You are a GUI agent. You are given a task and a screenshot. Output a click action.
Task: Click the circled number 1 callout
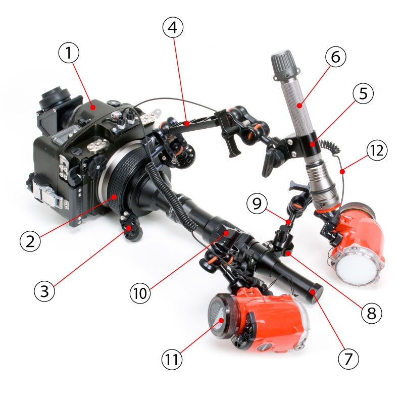point(69,53)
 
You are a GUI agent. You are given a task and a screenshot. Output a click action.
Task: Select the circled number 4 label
point(173,27)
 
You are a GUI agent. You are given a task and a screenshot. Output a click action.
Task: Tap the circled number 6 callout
point(335,57)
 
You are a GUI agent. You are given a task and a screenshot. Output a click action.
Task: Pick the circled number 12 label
point(377,150)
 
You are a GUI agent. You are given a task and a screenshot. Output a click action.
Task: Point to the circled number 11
point(172,359)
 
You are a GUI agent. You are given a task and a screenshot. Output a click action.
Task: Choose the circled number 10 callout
point(140,293)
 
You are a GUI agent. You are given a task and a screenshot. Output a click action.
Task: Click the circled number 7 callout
point(348,359)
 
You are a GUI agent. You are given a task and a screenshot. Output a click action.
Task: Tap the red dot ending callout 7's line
point(313,292)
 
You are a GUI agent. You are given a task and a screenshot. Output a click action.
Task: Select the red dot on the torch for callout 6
point(299,106)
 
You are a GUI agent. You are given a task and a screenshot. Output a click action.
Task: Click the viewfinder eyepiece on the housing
point(55,98)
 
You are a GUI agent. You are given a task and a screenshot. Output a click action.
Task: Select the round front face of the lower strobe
point(219,317)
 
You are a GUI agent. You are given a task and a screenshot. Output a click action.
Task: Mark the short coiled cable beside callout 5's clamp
point(330,147)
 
